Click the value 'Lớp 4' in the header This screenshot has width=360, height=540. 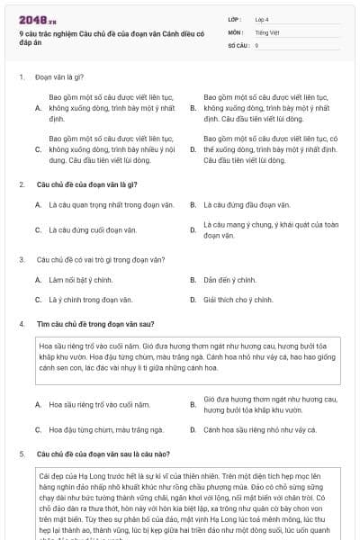(x=264, y=19)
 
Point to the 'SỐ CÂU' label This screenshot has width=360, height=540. (x=238, y=44)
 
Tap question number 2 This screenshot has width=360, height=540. (x=21, y=184)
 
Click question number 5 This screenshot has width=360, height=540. (x=21, y=454)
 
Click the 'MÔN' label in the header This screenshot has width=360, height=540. (x=234, y=31)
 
